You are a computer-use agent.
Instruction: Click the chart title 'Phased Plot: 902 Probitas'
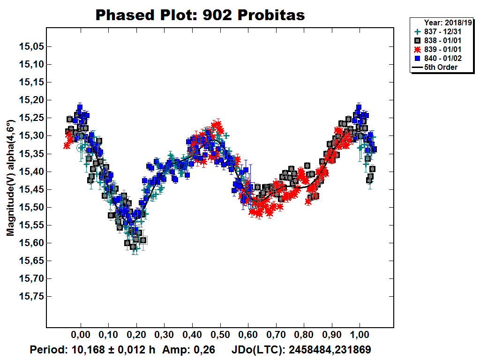point(200,15)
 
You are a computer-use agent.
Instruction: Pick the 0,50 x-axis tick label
point(220,336)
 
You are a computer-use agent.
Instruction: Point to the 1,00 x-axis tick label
point(360,336)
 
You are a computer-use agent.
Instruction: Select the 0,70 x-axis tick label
point(276,336)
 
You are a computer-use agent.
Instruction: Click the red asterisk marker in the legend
point(418,50)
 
